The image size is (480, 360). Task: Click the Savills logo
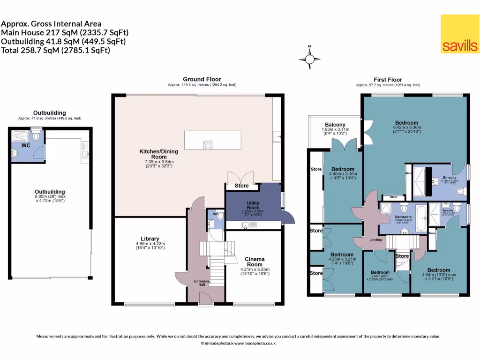click(459, 33)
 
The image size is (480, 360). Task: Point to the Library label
click(150, 238)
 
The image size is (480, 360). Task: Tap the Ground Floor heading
click(202, 79)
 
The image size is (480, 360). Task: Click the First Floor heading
click(388, 80)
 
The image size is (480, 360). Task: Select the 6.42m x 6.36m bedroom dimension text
click(407, 127)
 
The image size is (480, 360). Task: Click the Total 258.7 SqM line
click(56, 50)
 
